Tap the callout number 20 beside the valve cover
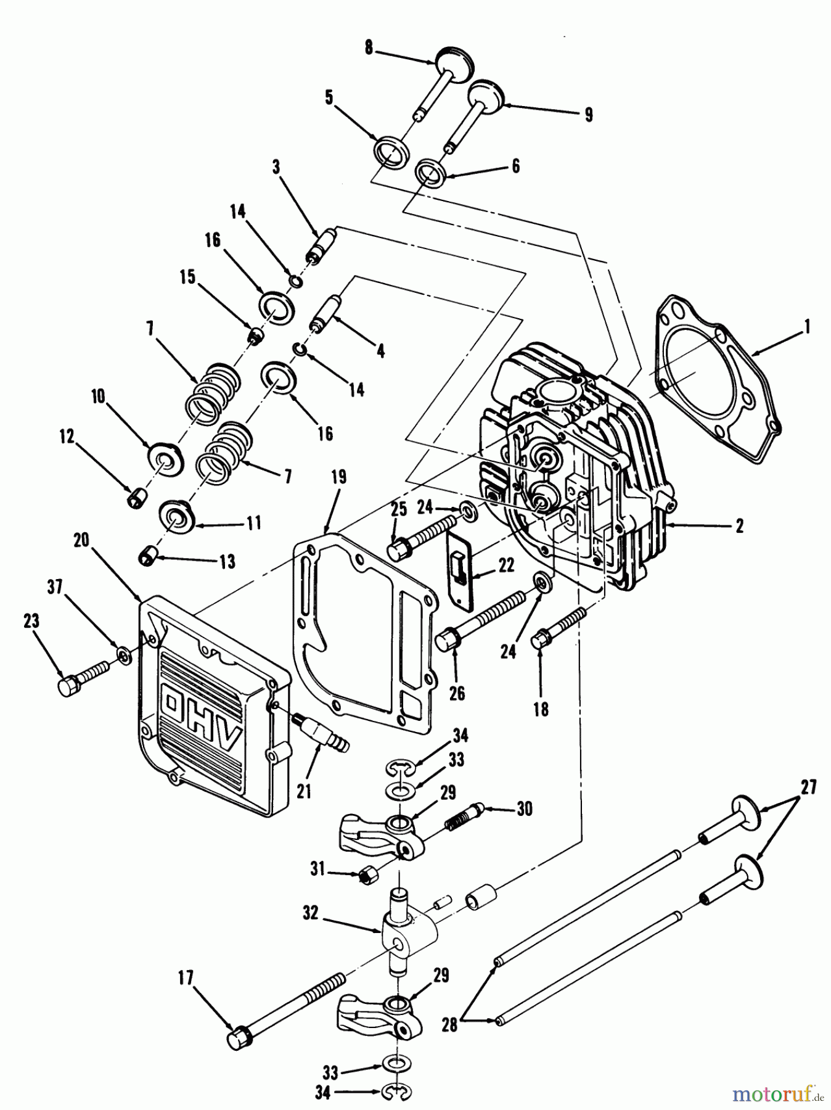pos(81,540)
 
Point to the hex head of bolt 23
pos(68,686)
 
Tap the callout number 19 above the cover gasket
pos(338,477)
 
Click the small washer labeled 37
pos(124,657)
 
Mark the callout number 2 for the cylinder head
pos(739,525)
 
